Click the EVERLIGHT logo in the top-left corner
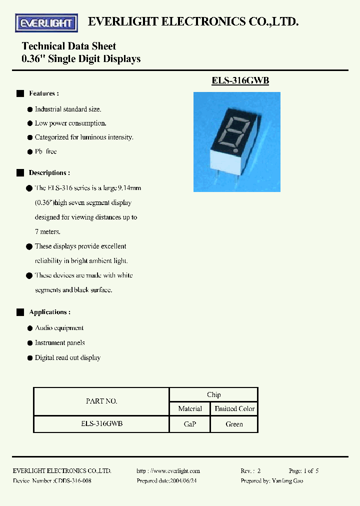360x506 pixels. point(46,22)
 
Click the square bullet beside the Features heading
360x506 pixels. point(20,93)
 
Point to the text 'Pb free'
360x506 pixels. point(45,151)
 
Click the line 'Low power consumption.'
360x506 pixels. point(70,123)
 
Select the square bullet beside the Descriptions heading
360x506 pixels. point(20,173)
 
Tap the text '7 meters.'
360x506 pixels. point(47,232)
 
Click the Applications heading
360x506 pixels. point(49,312)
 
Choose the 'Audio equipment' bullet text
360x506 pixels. point(59,328)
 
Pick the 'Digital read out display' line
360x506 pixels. point(67,358)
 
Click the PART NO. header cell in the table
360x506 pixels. point(101,401)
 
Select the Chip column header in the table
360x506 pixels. point(213,394)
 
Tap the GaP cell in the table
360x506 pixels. point(190,424)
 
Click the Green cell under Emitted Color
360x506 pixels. point(234,424)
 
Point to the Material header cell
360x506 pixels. point(190,408)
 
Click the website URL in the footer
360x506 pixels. point(168,470)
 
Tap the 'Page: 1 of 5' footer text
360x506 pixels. point(303,470)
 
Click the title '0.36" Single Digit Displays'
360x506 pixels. point(81,59)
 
